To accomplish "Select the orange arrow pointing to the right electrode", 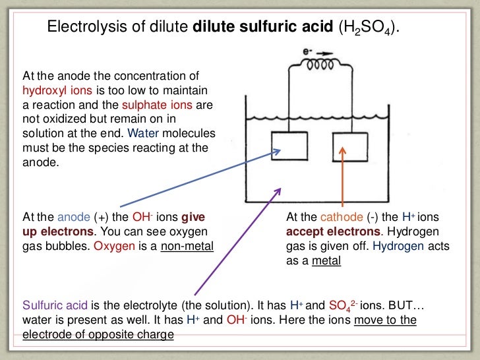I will (343, 178).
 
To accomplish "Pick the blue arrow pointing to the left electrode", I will (198, 179).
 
